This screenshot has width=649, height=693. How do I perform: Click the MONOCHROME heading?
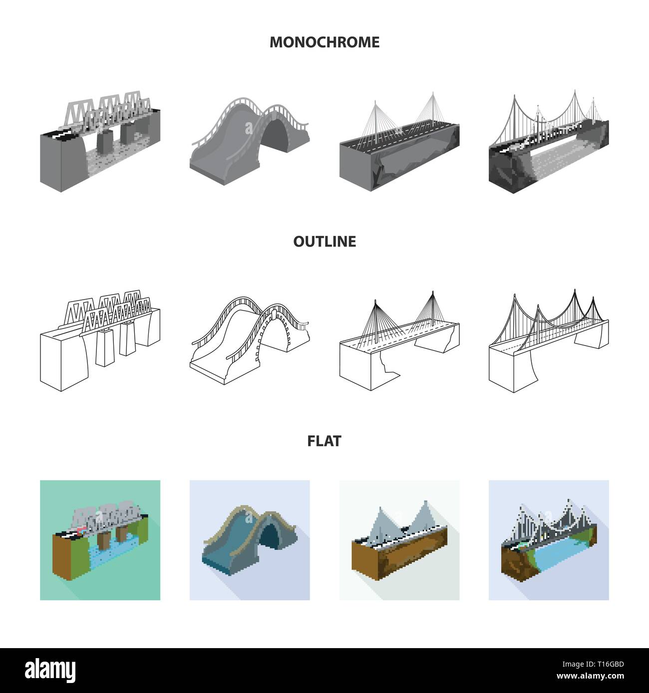[x=324, y=42]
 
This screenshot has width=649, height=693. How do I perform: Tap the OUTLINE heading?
[x=324, y=241]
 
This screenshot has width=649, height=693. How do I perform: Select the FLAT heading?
[x=324, y=441]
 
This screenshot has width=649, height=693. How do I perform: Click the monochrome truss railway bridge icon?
[x=100, y=141]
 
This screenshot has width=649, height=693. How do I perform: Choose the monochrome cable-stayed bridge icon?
[x=399, y=141]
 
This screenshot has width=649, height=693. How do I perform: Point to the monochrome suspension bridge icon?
[x=549, y=141]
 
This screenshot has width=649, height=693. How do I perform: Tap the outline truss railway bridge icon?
[x=100, y=340]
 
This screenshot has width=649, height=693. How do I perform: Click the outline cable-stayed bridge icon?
[x=399, y=341]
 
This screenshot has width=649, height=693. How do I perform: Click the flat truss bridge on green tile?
[x=100, y=540]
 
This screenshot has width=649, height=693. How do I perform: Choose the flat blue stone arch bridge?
[x=250, y=540]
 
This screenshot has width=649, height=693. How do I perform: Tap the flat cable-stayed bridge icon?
[x=399, y=540]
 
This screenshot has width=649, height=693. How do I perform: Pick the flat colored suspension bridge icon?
[x=549, y=540]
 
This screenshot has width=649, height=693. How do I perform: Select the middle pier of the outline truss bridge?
[x=105, y=347]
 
